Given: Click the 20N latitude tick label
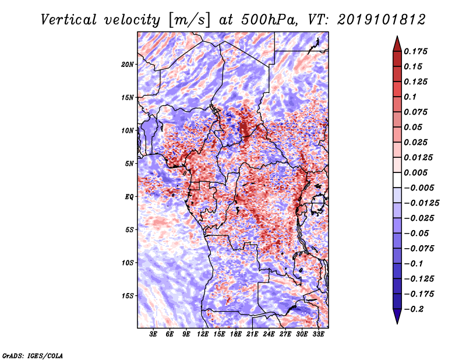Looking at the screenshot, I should point(127,64).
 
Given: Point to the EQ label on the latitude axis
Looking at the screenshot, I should point(130,196).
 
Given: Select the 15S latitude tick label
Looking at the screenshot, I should point(127,295).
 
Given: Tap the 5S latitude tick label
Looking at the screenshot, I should point(129,230).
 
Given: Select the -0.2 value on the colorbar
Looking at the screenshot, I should point(414,309).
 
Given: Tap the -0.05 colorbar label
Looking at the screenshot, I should point(416,233).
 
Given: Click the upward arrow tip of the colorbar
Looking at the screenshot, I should point(397,38).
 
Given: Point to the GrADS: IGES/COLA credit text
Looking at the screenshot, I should point(33,355).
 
